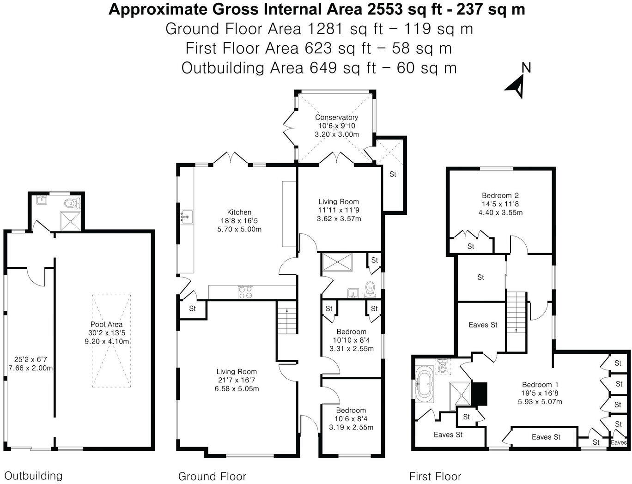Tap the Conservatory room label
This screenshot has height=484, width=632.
(336, 117)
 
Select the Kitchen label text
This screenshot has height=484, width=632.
(239, 212)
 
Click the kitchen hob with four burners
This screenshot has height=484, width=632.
(245, 292)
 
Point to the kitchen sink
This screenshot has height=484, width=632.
(186, 217)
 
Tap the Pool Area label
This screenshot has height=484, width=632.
(106, 324)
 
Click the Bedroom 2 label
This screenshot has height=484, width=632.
(500, 195)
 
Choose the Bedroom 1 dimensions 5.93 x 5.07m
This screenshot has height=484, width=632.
(540, 402)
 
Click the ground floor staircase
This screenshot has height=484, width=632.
(287, 317)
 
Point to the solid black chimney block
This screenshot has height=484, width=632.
(479, 393)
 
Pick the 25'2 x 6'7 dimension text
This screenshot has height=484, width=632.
(30, 360)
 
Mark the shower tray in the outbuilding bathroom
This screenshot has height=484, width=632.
(70, 221)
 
